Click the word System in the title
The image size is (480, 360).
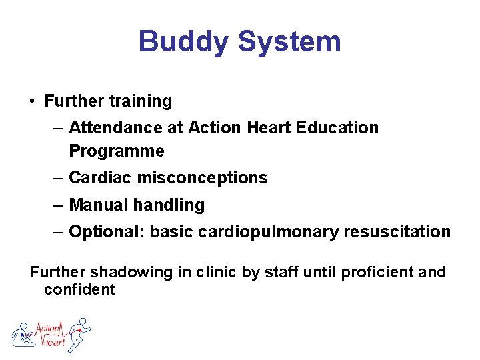[289, 41]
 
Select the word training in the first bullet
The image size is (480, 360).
[141, 101]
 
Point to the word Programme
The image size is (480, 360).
[117, 151]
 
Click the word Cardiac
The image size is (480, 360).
[97, 178]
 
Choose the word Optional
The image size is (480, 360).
[106, 232]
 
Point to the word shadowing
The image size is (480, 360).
[123, 272]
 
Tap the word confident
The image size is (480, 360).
[79, 289]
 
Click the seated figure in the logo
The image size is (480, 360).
[24, 335]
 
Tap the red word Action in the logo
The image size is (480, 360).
[48, 328]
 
